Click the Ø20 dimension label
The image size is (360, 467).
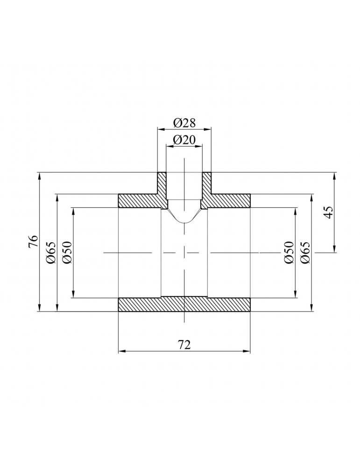184,140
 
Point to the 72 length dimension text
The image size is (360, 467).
184,344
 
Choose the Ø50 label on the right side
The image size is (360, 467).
289,252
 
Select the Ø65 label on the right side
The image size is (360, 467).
305,252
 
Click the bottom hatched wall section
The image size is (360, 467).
184,305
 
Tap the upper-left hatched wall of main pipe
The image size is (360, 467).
140,201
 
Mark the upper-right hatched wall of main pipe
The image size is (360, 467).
229,201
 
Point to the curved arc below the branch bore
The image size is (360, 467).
184,221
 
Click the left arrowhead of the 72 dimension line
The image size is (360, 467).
120,351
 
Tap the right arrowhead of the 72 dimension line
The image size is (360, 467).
248,351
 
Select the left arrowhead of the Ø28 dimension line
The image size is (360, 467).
159,128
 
